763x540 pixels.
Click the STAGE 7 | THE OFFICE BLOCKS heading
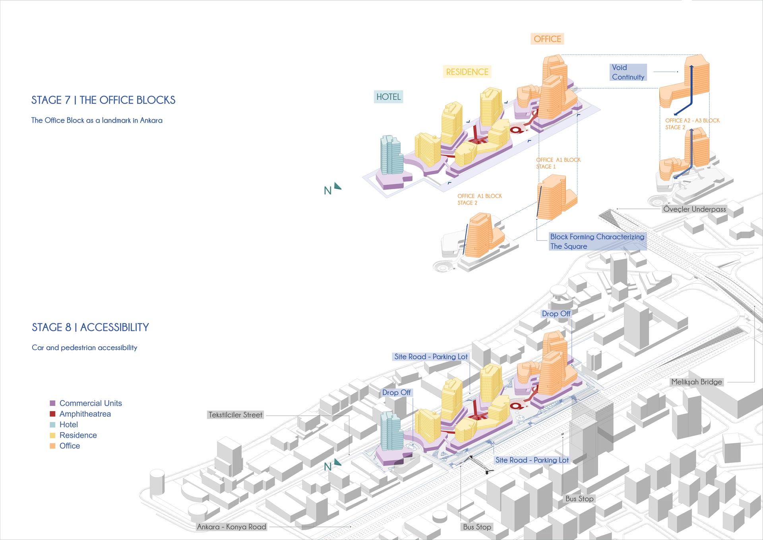click(103, 100)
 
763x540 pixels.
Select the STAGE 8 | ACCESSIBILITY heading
click(90, 327)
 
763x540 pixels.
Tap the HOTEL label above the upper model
click(388, 97)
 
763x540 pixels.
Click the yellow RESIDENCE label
click(467, 72)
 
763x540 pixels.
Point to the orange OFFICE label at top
click(547, 39)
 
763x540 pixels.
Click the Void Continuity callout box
click(628, 72)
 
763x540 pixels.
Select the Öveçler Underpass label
click(694, 209)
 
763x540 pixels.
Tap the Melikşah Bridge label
click(697, 382)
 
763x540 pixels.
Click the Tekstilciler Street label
click(235, 415)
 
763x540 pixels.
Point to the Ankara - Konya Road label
click(232, 527)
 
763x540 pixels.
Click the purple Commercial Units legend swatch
click(52, 403)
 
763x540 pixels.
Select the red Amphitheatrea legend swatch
click(52, 414)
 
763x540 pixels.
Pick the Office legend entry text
click(70, 446)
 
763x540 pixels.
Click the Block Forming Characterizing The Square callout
click(597, 242)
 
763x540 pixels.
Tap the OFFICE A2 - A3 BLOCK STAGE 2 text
click(692, 124)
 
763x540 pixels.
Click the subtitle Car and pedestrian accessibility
click(84, 347)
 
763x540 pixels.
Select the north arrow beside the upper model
click(337, 186)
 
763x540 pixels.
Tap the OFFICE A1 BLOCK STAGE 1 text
click(558, 163)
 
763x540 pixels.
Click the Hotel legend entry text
click(69, 425)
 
